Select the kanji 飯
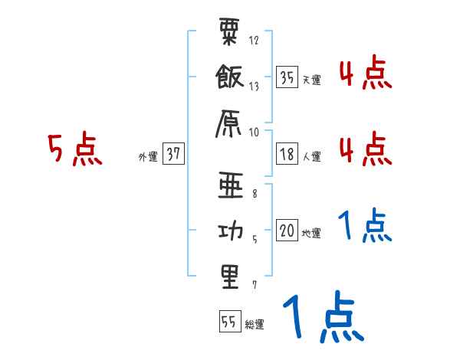point(229,78)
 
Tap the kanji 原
point(229,123)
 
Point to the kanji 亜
point(229,184)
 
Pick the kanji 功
point(229,231)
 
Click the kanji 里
point(229,277)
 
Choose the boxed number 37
point(172,154)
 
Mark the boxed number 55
point(228,322)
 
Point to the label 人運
point(311,156)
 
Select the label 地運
point(311,233)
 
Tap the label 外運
point(148,156)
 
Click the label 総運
point(254,325)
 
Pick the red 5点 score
point(74,149)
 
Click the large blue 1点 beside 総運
point(322,318)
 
